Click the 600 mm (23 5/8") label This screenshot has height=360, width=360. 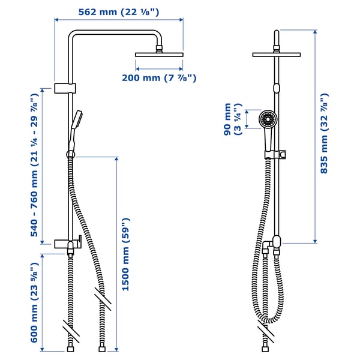tap(35, 303)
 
